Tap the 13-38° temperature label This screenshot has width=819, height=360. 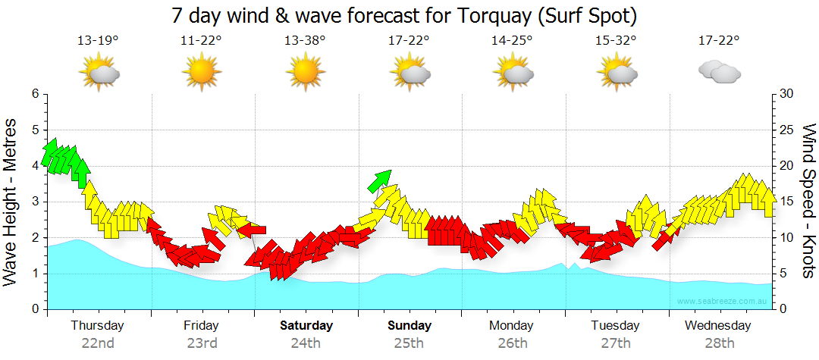pyautogui.click(x=305, y=41)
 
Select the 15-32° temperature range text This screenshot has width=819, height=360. pyautogui.click(x=616, y=41)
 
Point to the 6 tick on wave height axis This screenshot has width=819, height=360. pyautogui.click(x=35, y=94)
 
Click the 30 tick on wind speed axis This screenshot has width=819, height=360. pyautogui.click(x=786, y=94)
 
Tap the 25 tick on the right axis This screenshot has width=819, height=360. pyautogui.click(x=786, y=130)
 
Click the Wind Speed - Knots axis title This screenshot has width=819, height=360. pyautogui.click(x=808, y=202)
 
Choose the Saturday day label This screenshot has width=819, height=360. pyautogui.click(x=306, y=326)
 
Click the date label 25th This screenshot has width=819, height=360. pyautogui.click(x=409, y=343)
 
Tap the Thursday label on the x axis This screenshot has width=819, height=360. pyautogui.click(x=98, y=326)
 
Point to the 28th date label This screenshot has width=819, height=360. pyautogui.click(x=719, y=343)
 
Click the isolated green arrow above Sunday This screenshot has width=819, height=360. pyautogui.click(x=379, y=180)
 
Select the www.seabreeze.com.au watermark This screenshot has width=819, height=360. pyautogui.click(x=723, y=302)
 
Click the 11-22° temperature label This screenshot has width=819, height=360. pyautogui.click(x=201, y=41)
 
